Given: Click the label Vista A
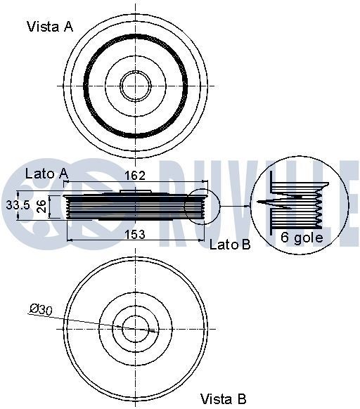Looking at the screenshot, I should (49, 27).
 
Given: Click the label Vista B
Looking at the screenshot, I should (223, 399).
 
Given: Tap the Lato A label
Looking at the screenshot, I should (46, 173).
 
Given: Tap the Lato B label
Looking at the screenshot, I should (230, 244).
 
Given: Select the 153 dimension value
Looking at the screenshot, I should (135, 235).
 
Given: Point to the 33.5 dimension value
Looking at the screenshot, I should (17, 207).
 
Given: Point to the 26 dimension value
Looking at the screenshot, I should (41, 207).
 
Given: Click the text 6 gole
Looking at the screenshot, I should (302, 238).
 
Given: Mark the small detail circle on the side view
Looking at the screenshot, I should (202, 207).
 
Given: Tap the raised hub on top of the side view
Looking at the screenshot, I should (135, 192).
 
